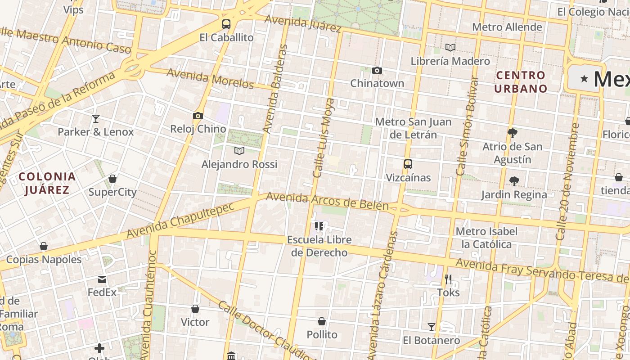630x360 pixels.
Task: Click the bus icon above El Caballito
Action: (x=226, y=24)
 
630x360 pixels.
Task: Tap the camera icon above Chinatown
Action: (x=377, y=70)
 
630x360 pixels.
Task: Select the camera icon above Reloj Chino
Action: (x=198, y=116)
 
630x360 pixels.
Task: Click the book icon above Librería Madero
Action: (x=450, y=47)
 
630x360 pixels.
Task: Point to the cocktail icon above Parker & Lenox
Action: (x=95, y=119)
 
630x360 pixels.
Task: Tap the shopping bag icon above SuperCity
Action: (x=112, y=179)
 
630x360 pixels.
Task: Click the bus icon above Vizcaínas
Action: (x=408, y=164)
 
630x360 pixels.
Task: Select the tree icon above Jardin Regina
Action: (x=514, y=181)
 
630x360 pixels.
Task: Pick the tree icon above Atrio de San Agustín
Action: (x=512, y=133)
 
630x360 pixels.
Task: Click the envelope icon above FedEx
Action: (x=102, y=279)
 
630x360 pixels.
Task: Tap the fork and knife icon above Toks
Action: (x=448, y=279)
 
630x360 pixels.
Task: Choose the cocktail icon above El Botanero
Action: (x=432, y=327)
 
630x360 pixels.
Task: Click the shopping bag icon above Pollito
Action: (x=322, y=321)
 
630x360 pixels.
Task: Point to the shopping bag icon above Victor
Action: (x=195, y=309)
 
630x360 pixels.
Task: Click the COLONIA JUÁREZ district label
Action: (x=47, y=183)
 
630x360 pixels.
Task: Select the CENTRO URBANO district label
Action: (x=521, y=81)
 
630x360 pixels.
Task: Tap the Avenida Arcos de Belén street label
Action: (x=327, y=201)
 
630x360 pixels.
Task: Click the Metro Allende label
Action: (x=507, y=27)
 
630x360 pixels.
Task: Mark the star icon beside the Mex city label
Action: (x=584, y=79)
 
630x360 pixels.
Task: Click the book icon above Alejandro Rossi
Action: (x=239, y=151)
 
